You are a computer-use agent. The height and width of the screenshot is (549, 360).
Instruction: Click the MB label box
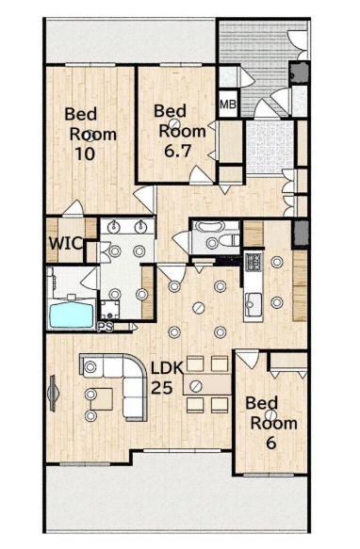(228, 104)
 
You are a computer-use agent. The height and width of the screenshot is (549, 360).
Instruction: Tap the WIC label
(66, 243)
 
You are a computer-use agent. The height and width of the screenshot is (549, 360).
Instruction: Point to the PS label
(106, 327)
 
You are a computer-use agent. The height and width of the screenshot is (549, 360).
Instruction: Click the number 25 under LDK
(161, 387)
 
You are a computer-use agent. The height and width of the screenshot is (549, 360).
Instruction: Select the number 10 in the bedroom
(85, 153)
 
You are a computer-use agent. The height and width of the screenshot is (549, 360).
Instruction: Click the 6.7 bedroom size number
(178, 151)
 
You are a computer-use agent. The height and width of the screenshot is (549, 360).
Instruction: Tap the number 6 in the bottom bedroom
(271, 443)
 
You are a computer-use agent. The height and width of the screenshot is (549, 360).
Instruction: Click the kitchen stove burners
(254, 262)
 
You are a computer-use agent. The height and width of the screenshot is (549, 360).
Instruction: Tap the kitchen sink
(254, 304)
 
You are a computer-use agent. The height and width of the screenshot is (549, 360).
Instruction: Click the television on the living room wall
(53, 393)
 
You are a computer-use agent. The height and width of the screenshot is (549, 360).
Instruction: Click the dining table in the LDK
(206, 384)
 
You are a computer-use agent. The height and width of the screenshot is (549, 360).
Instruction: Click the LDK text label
(167, 368)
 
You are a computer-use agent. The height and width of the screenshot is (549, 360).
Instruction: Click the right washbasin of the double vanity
(141, 227)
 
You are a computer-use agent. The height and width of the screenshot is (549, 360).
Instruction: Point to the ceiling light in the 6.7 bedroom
(174, 123)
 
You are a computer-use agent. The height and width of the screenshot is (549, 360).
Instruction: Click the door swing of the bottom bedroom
(248, 359)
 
